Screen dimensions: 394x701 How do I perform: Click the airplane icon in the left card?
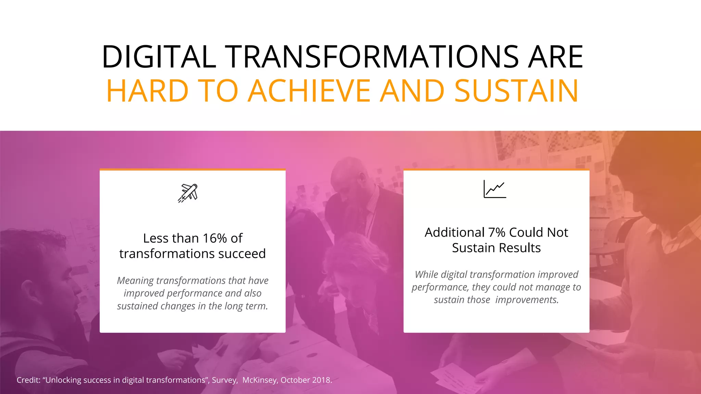(188, 193)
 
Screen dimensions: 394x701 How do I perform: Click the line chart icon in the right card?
(495, 189)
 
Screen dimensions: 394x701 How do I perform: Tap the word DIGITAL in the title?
(159, 57)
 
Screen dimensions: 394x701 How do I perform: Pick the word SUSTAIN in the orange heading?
(516, 91)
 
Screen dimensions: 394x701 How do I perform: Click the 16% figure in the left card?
(215, 238)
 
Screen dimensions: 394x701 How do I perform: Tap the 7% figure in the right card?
(497, 233)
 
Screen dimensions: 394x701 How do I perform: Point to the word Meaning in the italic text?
(135, 281)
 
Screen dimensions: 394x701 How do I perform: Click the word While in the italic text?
(426, 275)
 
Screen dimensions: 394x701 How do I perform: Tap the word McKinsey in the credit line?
(260, 380)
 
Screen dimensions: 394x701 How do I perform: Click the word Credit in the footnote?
(28, 380)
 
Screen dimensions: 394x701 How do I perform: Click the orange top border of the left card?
(192, 169)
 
